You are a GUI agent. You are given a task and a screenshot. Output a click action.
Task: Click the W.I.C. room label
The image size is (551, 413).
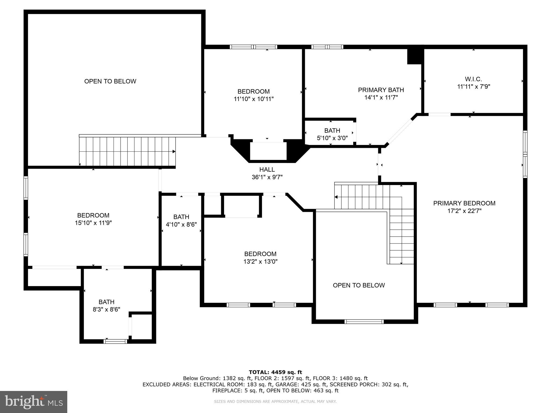(x=473, y=79)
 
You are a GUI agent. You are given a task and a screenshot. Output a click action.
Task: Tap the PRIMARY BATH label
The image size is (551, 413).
(x=381, y=90)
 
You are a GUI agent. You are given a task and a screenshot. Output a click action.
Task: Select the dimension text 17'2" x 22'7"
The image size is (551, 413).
(x=464, y=211)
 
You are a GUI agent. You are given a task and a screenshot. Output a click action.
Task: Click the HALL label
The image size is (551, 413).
(x=267, y=170)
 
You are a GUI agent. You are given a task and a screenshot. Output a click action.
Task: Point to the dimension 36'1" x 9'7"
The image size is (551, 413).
(x=267, y=177)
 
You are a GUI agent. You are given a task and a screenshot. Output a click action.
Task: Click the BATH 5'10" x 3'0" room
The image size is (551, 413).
(x=332, y=134)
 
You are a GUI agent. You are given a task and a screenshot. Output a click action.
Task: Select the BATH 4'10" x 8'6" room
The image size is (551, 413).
(x=181, y=220)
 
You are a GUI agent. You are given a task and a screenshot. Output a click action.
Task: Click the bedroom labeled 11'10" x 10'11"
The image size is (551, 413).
(x=253, y=95)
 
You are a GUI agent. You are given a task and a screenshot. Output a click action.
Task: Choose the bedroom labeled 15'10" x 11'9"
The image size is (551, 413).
(x=93, y=219)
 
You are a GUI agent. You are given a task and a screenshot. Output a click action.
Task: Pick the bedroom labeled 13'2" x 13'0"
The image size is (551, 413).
(x=260, y=258)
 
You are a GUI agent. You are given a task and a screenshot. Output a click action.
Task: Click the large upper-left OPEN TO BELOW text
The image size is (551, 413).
(x=110, y=81)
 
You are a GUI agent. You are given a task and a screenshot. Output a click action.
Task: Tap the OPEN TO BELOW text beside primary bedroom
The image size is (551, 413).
(x=359, y=285)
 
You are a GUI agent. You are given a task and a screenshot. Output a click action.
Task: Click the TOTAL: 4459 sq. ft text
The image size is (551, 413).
(x=275, y=372)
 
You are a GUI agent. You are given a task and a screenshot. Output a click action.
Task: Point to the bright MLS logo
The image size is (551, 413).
(x=34, y=402)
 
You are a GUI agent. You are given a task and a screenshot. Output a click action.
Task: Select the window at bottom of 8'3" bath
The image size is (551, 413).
(x=115, y=341)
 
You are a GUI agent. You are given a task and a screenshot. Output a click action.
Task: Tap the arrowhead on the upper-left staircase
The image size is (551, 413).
(x=174, y=152)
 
